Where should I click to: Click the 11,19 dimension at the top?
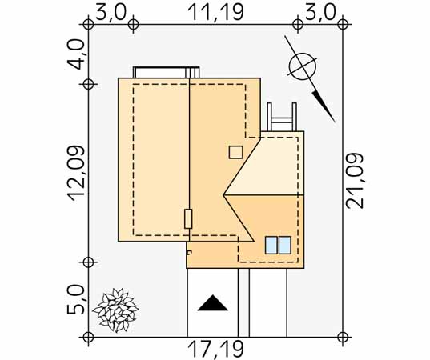215,12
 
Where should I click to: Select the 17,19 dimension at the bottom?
215,350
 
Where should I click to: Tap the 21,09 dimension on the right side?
355,181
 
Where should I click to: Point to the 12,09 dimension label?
77,174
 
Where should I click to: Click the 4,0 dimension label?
77,54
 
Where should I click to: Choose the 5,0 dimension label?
76,299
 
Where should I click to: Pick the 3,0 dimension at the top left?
111,12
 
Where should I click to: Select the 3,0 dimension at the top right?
320,12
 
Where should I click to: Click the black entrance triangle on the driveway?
212,302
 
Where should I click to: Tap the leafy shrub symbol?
115,310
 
